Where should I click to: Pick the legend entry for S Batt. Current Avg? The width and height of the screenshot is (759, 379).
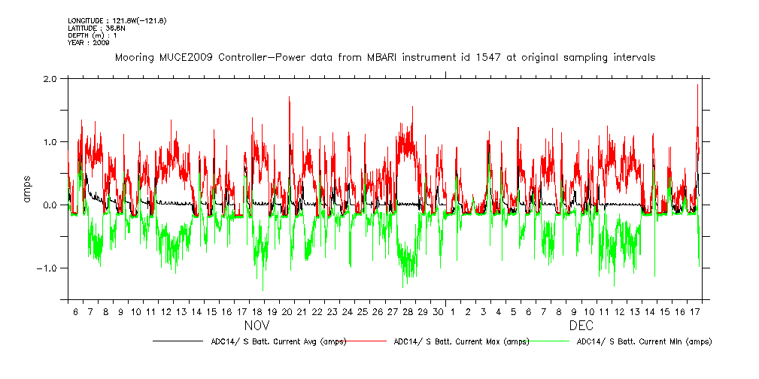(279, 341)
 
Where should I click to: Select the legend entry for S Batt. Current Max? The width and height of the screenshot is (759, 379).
(461, 341)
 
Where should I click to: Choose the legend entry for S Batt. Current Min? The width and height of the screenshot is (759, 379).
(643, 341)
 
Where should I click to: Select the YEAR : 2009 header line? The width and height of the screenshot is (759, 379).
(89, 43)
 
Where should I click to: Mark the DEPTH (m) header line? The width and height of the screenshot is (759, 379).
(92, 35)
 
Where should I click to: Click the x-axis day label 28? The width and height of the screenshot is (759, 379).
(408, 311)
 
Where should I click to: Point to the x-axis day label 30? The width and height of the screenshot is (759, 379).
(438, 311)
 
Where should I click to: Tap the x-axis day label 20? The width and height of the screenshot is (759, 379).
(287, 311)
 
